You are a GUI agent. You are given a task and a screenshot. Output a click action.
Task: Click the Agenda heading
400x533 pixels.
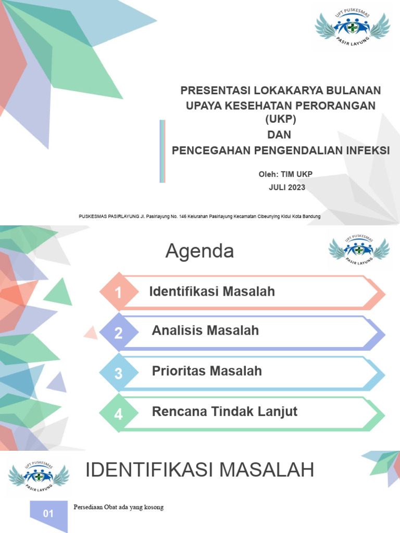[199, 252]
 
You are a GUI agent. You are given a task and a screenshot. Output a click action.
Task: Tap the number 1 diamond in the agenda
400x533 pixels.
[119, 293]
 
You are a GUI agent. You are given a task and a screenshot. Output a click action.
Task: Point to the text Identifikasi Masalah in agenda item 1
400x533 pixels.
[212, 291]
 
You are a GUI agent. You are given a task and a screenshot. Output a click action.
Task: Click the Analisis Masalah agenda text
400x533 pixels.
[205, 330]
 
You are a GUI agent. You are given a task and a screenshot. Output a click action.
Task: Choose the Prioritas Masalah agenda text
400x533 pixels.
[207, 371]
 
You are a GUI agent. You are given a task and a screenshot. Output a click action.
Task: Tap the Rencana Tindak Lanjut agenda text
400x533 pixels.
[224, 411]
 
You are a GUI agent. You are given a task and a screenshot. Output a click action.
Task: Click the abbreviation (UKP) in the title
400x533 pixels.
[280, 119]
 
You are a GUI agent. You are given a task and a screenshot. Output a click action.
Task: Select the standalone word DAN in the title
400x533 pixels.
[280, 135]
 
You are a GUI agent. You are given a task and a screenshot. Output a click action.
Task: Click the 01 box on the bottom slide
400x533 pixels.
[48, 514]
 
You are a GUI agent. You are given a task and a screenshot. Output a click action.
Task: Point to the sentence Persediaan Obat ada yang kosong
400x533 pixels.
[119, 507]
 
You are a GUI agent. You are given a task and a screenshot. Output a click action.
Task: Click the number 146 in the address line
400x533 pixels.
[182, 216]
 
